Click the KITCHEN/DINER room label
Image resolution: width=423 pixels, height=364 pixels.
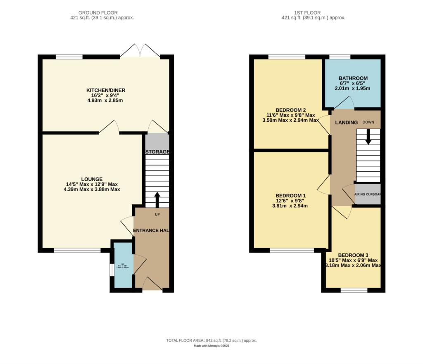106,90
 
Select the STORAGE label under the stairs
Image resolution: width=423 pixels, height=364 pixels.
157,152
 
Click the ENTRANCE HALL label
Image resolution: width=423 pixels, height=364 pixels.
152,230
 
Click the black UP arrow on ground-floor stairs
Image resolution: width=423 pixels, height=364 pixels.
157,199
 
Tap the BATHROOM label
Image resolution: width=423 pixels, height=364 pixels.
353,78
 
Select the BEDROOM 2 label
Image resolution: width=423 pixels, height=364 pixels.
291,109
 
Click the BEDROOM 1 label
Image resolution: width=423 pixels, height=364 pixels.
291,195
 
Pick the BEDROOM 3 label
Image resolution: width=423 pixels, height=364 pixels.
353,255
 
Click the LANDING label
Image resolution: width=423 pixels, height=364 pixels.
346,123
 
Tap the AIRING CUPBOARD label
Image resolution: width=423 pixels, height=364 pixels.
368,194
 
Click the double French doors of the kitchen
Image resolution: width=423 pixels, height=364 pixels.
140,51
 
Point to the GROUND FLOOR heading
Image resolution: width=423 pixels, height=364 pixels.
101,12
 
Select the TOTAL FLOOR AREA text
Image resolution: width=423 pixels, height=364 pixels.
211,340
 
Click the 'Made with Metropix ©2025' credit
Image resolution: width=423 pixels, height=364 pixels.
211,346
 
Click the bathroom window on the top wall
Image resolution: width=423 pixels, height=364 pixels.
340,57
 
